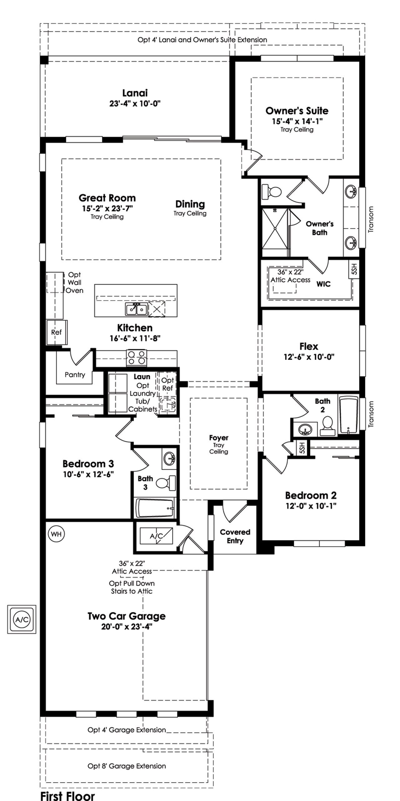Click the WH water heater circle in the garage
[x=56, y=534]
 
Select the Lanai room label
[x=135, y=93]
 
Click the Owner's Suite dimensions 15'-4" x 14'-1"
[x=297, y=121]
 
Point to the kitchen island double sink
[x=137, y=310]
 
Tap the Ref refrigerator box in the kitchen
[x=56, y=332]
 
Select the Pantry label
[x=75, y=374]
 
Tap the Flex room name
[x=309, y=346]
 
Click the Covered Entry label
[x=235, y=536]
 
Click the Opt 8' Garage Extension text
[x=127, y=766]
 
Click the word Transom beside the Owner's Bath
[x=371, y=219]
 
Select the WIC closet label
[x=323, y=284]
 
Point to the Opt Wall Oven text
[x=74, y=283]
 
